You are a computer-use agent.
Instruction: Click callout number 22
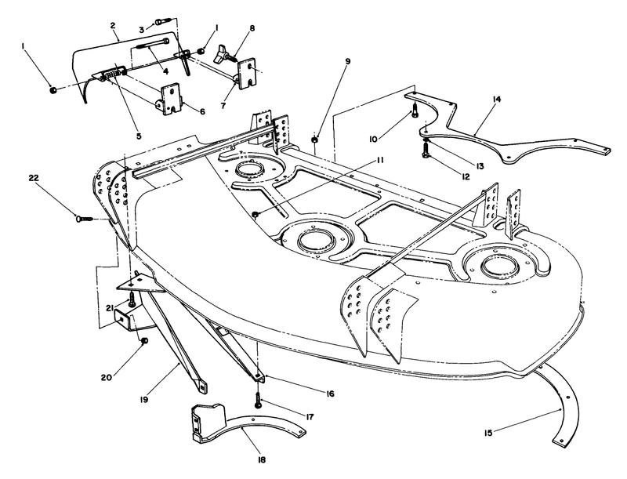point(34,177)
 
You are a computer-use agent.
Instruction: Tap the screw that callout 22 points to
point(84,219)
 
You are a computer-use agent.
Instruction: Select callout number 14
point(497,99)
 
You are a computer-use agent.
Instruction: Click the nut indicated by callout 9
point(315,140)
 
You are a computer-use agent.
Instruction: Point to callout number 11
point(379,160)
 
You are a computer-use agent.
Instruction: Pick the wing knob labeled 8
point(223,54)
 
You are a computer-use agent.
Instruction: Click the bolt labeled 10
point(415,109)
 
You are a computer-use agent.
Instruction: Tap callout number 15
point(488,433)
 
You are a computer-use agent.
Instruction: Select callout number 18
point(262,460)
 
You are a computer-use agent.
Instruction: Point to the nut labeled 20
point(145,340)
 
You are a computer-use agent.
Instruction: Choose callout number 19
point(144,399)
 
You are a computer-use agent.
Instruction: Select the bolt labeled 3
point(162,21)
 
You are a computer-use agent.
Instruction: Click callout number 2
point(113,25)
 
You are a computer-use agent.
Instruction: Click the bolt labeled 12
point(425,151)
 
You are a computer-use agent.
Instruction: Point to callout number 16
point(330,394)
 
